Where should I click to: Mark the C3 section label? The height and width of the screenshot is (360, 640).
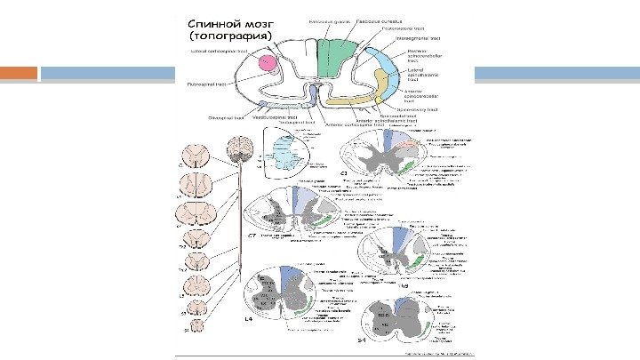[341, 172]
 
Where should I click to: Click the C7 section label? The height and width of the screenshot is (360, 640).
[252, 236]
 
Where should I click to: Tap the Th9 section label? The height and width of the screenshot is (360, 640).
[403, 286]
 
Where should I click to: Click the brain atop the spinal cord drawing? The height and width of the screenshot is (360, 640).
[239, 148]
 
